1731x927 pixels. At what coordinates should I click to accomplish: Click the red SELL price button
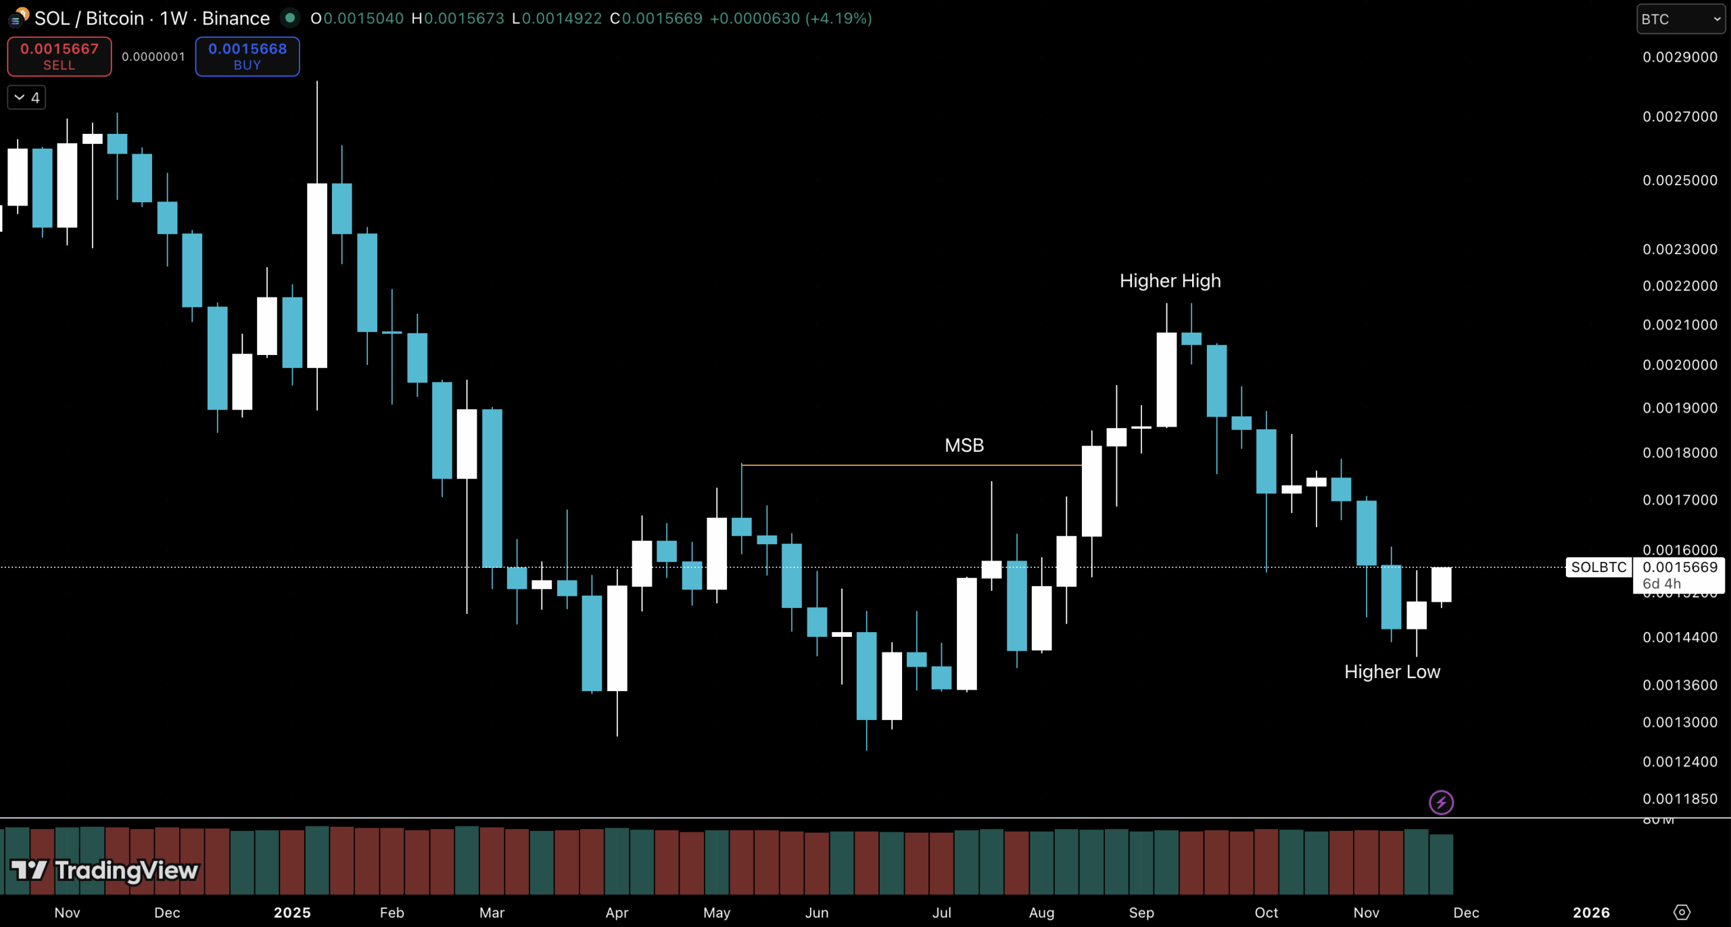60,56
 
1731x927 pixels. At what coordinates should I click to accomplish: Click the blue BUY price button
247,56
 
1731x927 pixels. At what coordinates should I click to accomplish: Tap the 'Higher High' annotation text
1170,281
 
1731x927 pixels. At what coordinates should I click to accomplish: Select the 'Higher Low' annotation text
1392,671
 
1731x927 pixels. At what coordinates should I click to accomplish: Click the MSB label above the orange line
964,445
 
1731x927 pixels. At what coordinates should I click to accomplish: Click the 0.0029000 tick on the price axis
1680,57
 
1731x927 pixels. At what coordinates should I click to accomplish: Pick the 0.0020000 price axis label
1680,365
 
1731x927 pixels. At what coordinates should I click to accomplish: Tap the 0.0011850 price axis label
1680,799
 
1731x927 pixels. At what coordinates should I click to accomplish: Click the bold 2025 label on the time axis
292,912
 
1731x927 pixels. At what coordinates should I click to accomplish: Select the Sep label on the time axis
1141,912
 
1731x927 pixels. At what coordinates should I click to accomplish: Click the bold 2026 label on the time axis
1591,912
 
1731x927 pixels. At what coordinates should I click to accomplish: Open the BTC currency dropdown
1680,19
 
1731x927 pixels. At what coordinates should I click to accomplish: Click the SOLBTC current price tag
1598,567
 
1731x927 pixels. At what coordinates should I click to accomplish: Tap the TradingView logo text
126,870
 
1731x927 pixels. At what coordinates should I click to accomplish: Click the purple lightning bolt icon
1441,803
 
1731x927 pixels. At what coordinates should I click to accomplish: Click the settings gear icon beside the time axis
1682,912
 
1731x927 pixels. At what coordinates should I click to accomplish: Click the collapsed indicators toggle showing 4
26,97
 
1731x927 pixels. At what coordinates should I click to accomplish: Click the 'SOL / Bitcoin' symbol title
89,18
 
